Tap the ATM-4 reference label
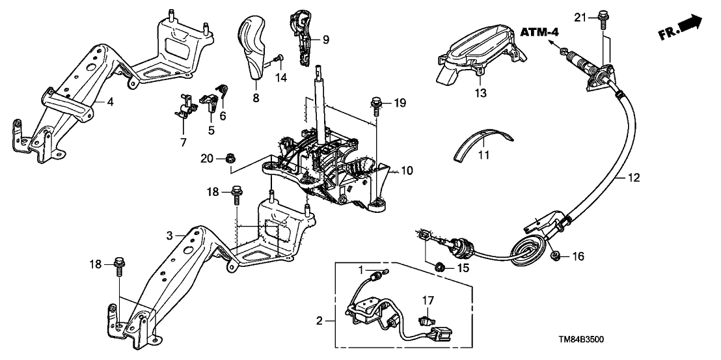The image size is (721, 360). coord(540,32)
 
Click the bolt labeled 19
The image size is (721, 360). coord(375,103)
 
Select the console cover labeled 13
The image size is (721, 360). coord(475,52)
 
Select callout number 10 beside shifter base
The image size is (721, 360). coord(407,171)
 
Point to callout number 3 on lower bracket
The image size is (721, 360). coord(169,236)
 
